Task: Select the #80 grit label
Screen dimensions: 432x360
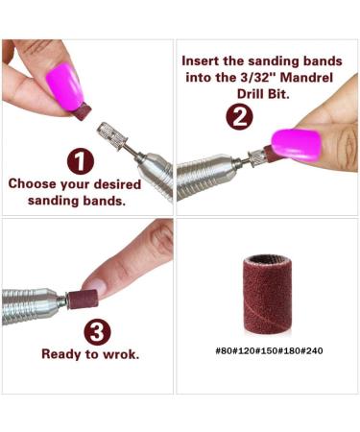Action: (226, 350)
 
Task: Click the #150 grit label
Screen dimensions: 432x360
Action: (262, 350)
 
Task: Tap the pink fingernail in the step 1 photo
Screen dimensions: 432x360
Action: (64, 84)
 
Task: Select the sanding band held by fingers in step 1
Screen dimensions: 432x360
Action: (83, 113)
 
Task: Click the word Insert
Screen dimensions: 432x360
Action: (204, 60)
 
